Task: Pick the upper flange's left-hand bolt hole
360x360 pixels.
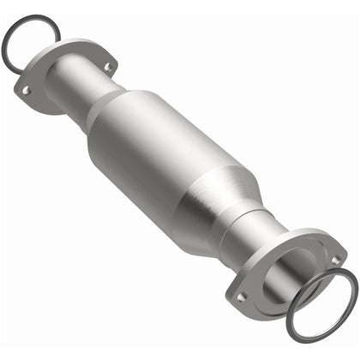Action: click(x=27, y=89)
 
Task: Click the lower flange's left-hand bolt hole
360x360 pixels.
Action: click(x=242, y=297)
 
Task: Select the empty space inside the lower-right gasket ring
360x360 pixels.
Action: click(x=321, y=304)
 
